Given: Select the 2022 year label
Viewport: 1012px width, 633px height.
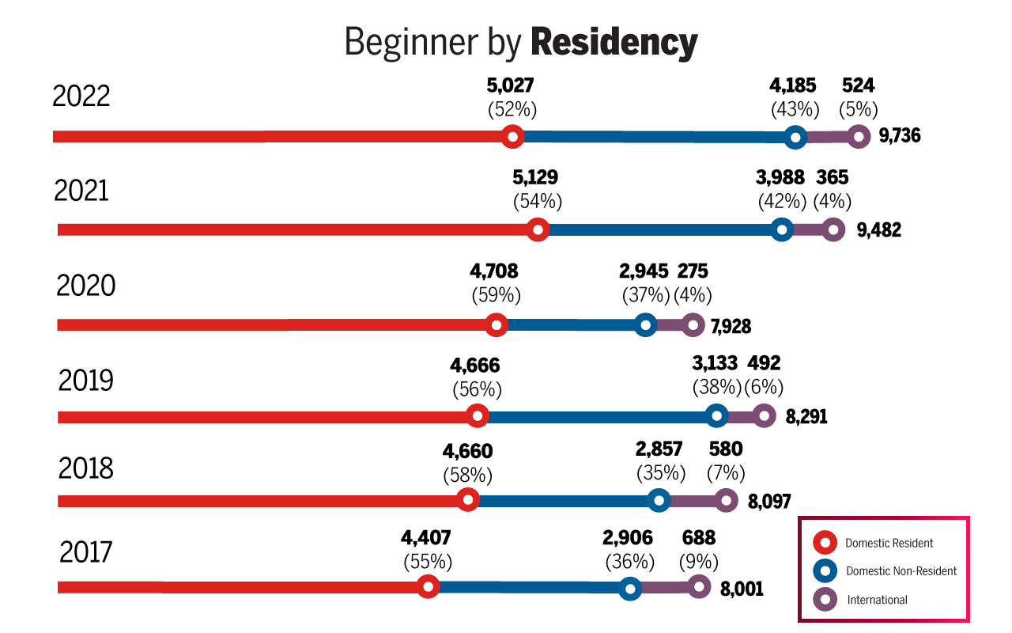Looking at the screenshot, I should point(81,97).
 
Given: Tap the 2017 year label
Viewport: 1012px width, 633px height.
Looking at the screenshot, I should point(87,552).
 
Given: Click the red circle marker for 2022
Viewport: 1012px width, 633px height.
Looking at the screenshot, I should point(513,137).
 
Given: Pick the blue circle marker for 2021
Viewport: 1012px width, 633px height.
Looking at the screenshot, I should point(782,230).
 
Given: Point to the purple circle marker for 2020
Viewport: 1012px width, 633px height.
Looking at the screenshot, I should point(693,324).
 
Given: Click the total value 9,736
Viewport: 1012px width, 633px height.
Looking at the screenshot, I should point(900,136).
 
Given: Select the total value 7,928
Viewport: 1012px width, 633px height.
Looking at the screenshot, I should point(731,326).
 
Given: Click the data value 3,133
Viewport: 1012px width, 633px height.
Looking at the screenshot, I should point(715,363).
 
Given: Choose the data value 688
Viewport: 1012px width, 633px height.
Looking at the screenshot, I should point(698,538).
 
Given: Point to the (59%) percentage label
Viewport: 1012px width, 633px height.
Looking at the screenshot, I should point(496,296).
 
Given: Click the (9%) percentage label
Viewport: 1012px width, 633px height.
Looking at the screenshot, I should point(699,563).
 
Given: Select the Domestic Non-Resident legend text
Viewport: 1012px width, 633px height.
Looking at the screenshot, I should point(901,571).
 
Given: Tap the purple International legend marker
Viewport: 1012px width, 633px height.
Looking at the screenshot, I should point(826,600).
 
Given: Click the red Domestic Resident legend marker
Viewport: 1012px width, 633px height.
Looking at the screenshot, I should point(826,543).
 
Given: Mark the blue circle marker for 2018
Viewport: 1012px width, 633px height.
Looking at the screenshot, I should point(659,500).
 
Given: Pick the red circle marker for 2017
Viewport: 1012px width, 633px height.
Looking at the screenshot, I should point(428,587).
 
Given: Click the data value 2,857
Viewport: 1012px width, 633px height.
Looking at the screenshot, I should point(660,450).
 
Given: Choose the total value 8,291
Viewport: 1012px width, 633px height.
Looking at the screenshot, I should point(806,417).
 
